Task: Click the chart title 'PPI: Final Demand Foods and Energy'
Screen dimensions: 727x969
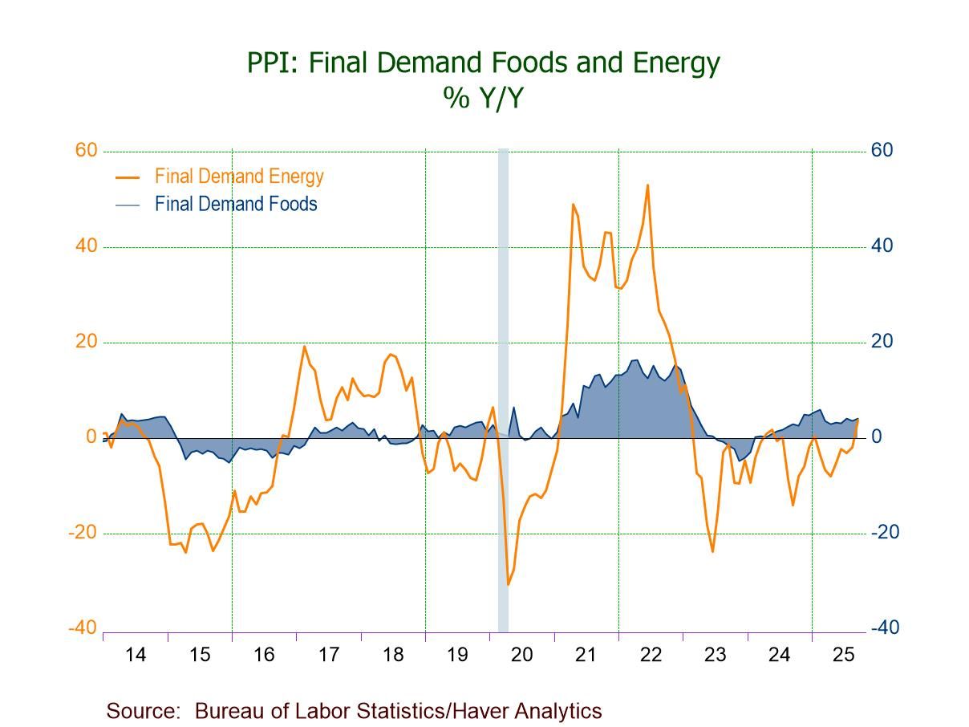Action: (x=484, y=63)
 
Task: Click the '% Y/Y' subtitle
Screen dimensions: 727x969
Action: (x=484, y=97)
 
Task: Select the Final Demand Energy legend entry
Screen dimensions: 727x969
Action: (x=239, y=177)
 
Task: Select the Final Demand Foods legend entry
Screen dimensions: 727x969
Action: (x=236, y=205)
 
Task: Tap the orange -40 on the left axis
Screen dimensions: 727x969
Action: (x=83, y=628)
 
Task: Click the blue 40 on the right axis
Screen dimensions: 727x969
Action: (x=882, y=246)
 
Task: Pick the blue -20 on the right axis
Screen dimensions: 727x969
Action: (x=885, y=533)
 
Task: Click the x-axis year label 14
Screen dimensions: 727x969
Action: (x=136, y=655)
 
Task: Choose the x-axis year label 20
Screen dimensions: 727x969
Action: (x=521, y=655)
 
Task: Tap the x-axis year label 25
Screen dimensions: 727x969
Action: (x=843, y=655)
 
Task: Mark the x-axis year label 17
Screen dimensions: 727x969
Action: (x=328, y=655)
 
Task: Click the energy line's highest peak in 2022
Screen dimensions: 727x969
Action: (x=647, y=185)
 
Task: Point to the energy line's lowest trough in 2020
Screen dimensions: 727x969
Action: (x=508, y=584)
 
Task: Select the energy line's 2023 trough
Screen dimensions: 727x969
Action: (x=712, y=551)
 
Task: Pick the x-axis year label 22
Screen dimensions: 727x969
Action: (x=651, y=655)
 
